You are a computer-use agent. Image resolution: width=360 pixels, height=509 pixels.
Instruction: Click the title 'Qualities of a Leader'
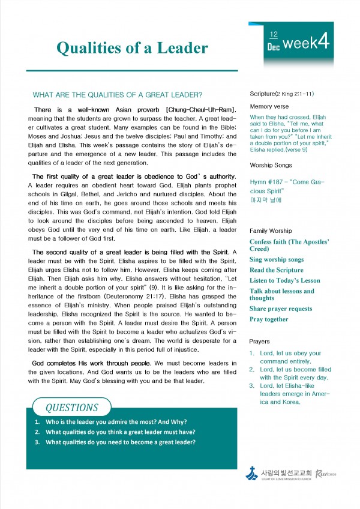point(132,49)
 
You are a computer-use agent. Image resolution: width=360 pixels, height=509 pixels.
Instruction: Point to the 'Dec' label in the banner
point(274,46)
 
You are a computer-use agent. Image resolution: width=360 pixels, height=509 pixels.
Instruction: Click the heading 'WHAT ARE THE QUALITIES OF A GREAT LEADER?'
point(117,95)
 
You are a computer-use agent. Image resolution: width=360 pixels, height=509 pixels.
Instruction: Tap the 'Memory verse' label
point(269,106)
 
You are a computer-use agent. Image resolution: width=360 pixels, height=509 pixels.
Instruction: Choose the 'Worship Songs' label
point(271,164)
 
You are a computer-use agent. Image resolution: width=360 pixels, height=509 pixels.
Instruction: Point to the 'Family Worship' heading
point(271,230)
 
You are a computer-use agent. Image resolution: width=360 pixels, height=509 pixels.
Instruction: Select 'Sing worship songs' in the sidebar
point(277,260)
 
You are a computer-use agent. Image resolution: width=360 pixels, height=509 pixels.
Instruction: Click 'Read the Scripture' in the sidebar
point(277,270)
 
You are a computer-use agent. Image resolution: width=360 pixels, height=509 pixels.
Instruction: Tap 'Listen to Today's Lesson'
point(285,280)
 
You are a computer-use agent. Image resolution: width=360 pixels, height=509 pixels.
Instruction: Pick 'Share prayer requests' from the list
point(281,309)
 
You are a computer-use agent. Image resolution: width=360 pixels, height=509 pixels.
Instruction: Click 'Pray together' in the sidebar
point(269,319)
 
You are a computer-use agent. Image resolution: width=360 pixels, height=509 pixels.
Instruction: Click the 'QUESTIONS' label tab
point(71,408)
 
